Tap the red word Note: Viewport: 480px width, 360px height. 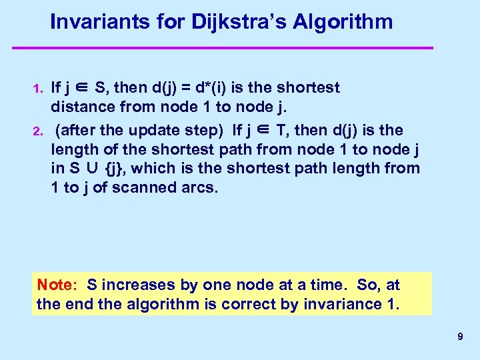pos(57,285)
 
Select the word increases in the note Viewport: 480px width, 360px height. pos(137,285)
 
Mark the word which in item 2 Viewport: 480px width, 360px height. pos(169,169)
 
